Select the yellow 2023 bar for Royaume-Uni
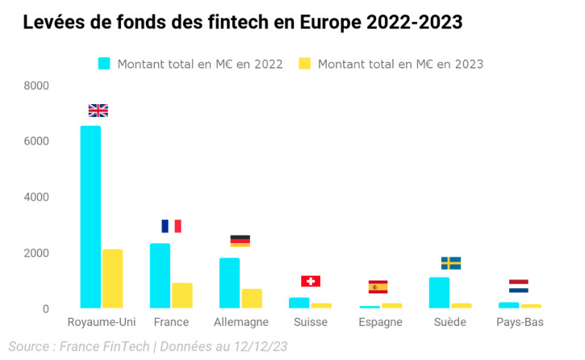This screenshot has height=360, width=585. point(112,278)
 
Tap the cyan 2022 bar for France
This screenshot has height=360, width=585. point(160,275)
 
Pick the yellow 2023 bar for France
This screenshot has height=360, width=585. point(182,295)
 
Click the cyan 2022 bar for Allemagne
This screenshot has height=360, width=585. point(229,283)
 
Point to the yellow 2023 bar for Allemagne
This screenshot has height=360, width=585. point(252,298)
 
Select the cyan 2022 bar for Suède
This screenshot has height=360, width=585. point(439,292)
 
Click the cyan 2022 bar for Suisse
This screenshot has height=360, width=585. point(299,303)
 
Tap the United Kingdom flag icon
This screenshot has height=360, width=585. point(98,111)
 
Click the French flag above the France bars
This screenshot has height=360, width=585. point(171,226)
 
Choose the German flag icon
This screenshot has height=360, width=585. point(240,241)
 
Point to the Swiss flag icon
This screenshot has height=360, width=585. point(311,281)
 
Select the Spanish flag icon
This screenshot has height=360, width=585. point(378,287)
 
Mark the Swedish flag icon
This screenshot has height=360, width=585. point(450,263)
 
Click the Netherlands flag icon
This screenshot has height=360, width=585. point(519,286)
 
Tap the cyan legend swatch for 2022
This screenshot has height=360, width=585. point(104,64)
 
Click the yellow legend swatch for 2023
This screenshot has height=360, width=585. point(305,64)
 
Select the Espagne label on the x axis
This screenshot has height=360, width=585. point(379,323)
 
